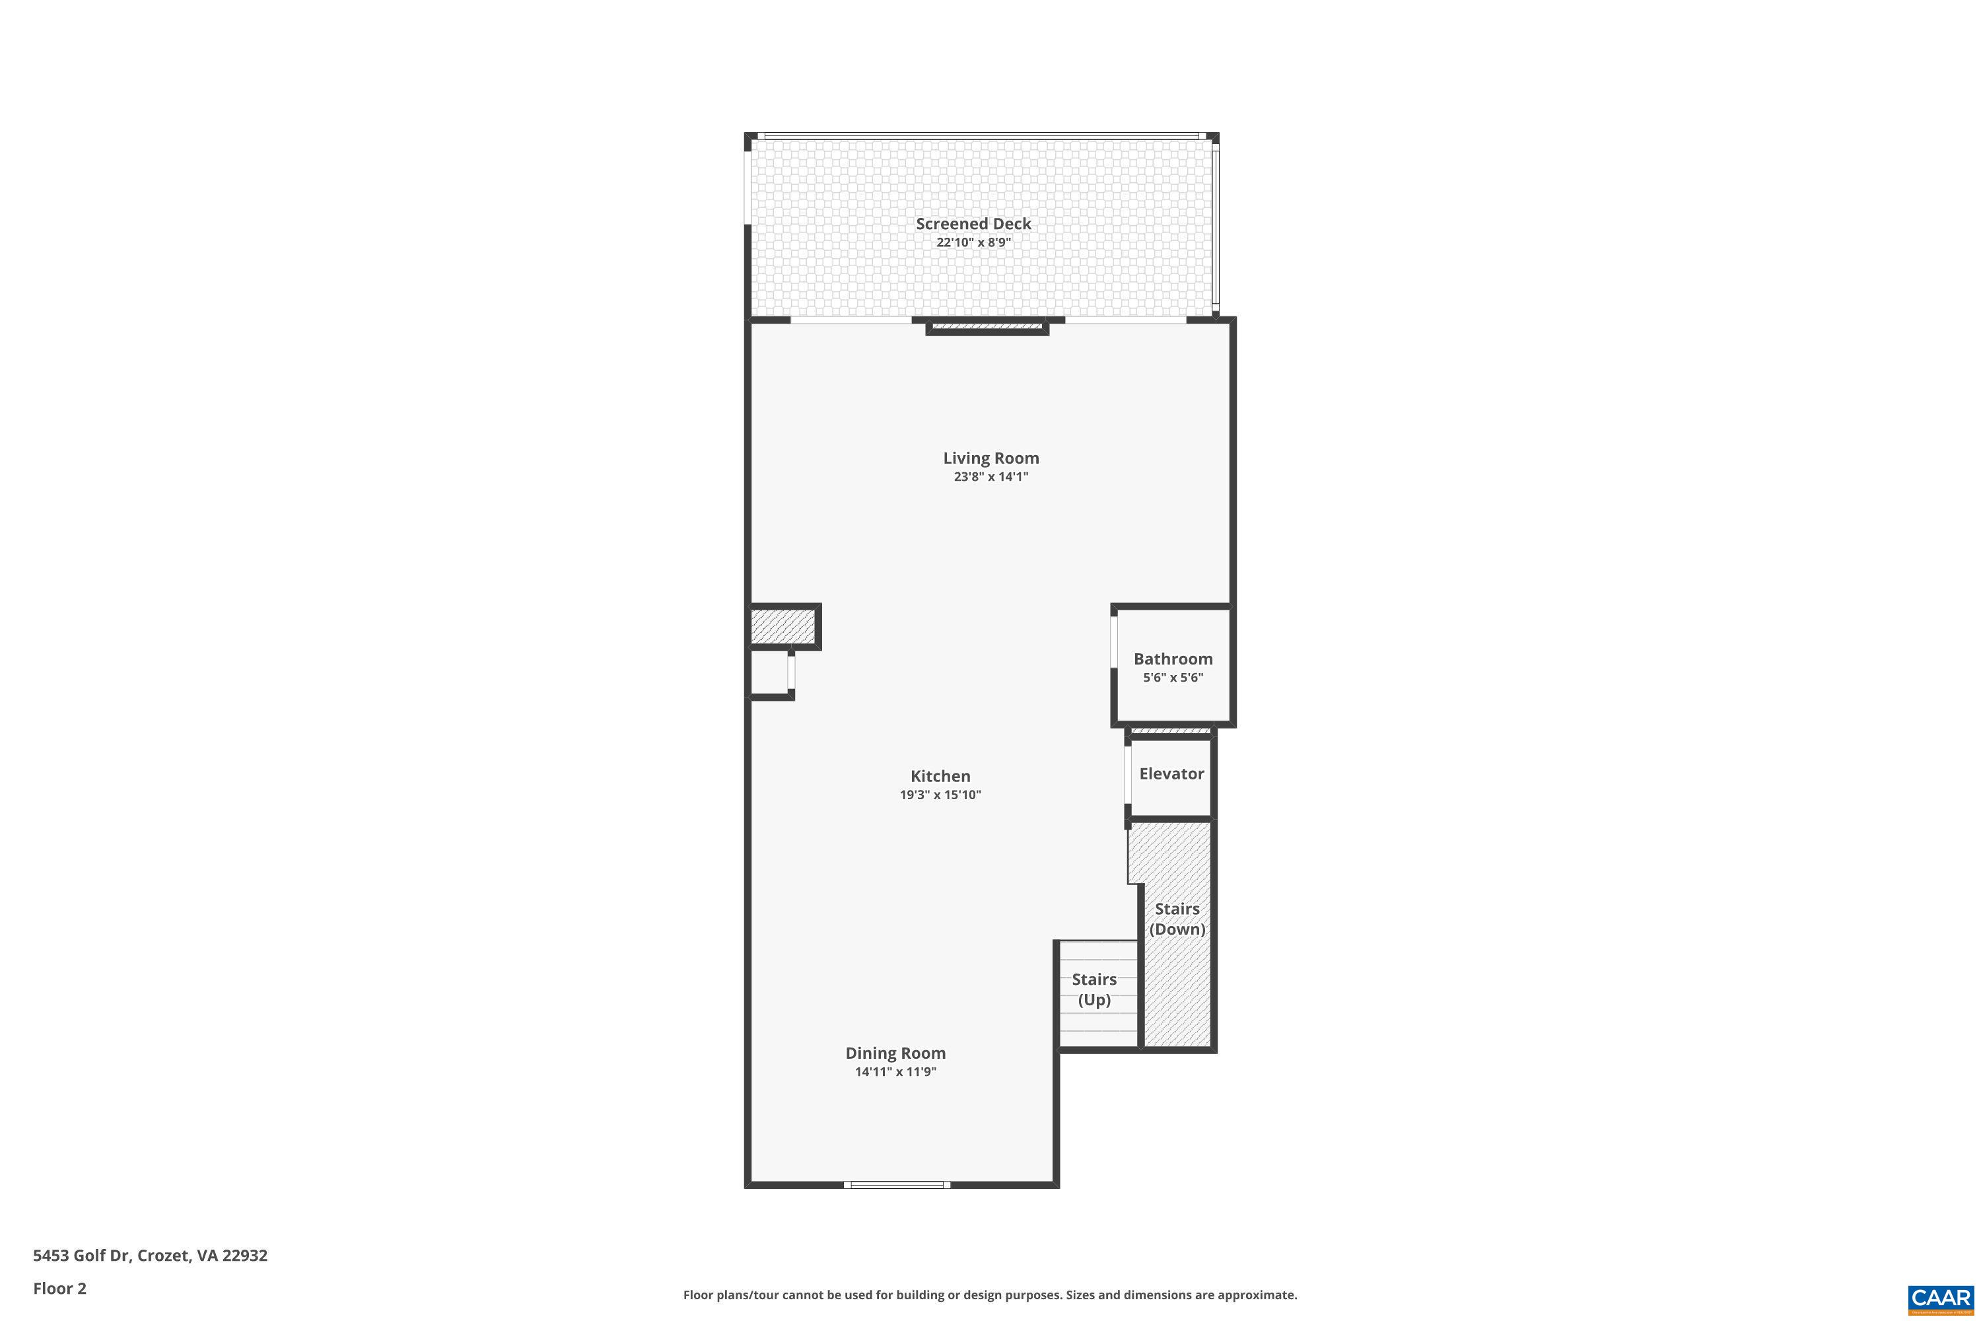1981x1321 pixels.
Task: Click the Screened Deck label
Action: click(x=973, y=224)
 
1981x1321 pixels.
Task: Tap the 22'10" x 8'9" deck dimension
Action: click(x=973, y=242)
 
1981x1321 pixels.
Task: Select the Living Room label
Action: click(x=990, y=458)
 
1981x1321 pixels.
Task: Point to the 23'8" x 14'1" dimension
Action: click(x=990, y=477)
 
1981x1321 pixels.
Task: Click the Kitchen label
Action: click(x=940, y=777)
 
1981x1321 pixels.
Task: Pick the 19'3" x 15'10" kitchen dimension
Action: click(x=940, y=795)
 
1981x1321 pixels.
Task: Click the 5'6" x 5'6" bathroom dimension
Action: click(x=1173, y=678)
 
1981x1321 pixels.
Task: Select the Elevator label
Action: click(x=1171, y=774)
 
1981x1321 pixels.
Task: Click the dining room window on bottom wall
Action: click(x=897, y=1184)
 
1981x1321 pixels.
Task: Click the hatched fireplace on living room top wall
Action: click(x=987, y=326)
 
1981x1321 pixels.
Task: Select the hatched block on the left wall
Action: click(x=782, y=627)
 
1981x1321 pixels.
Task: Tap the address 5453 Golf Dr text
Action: click(x=150, y=1256)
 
